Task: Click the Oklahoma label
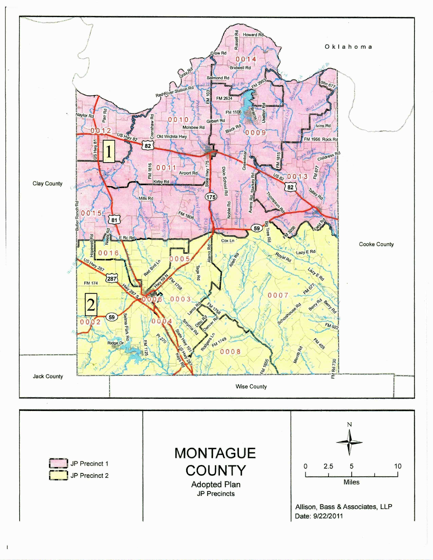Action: [348, 47]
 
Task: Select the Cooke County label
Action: [376, 244]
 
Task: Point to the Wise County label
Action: [251, 386]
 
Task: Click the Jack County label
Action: [48, 376]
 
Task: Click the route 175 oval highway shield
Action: [211, 197]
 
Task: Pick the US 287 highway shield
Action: [112, 278]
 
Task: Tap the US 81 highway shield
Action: [114, 220]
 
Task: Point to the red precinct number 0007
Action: [278, 295]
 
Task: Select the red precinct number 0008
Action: [230, 352]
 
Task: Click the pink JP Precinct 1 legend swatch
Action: [58, 463]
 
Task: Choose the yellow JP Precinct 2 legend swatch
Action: [58, 475]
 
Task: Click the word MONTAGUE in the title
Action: [215, 453]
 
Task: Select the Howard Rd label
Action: [253, 35]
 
